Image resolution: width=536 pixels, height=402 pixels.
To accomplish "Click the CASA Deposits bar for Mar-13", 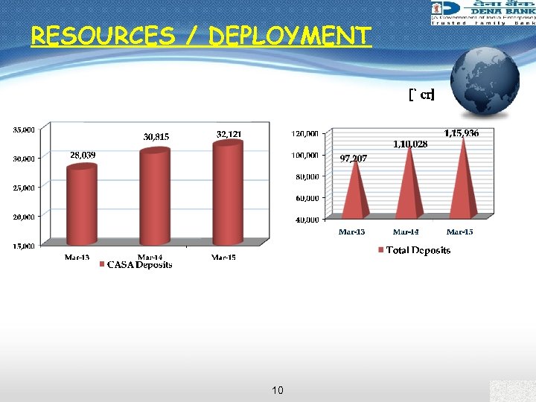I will [82, 205].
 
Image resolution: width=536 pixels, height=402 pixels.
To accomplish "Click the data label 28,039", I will [83, 156].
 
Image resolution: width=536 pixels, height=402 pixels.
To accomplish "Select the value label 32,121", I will [229, 134].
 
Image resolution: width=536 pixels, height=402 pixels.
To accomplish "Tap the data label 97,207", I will [353, 159].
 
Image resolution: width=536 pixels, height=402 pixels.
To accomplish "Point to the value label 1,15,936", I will [462, 133].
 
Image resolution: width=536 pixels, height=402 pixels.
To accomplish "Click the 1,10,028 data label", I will [410, 144].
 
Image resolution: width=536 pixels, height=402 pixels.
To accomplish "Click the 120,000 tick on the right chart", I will [304, 134].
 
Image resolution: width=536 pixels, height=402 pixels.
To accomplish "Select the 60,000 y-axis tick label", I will [306, 199].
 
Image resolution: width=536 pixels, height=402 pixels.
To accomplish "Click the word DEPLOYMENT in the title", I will [290, 36].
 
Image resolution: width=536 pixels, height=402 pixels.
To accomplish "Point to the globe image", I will [485, 82].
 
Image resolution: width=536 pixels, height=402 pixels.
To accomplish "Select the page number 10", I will [277, 390].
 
